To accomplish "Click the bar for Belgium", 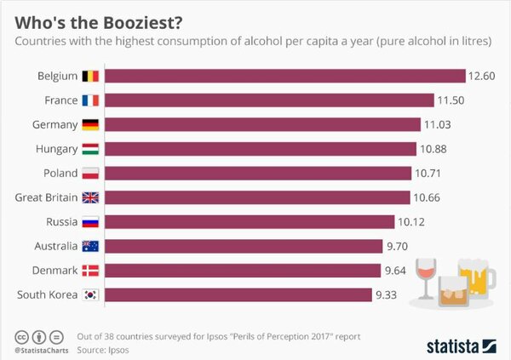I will [285, 77].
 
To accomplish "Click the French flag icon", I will [90, 100].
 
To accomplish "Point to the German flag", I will [90, 125].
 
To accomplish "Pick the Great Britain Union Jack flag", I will [90, 198].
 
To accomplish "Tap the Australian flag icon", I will [90, 247].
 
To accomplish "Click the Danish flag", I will [90, 271].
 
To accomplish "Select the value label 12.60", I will [481, 77].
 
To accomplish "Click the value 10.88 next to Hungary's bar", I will [434, 150].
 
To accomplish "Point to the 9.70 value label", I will [399, 247].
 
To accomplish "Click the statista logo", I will [460, 345].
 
